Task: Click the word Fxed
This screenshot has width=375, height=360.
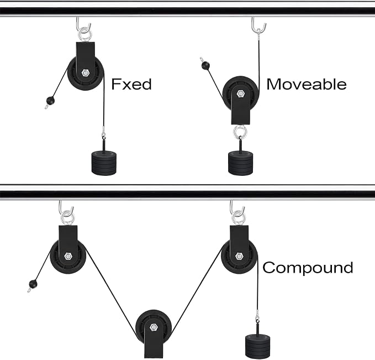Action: pos(131,84)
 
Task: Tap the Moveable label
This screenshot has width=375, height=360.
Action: pos(307,84)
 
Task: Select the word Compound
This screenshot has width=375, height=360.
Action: pos(308,268)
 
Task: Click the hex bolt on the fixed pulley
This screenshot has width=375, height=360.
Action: pos(84,72)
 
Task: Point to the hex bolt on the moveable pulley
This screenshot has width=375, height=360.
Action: pos(240,93)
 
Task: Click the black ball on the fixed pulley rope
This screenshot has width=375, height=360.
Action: pos(50,101)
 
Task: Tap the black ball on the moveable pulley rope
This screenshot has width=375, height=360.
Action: pos(205,65)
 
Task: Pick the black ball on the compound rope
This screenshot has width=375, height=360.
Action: pos(33,284)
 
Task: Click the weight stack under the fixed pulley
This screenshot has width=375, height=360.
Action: pos(104,163)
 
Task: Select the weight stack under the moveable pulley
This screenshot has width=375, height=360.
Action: pos(240,163)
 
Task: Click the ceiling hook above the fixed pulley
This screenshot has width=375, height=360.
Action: pos(83,24)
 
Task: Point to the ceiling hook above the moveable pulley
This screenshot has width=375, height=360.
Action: pos(258,24)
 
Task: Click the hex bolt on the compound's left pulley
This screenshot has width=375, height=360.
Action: pos(68,256)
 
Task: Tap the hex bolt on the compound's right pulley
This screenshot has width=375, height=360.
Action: pos(239,256)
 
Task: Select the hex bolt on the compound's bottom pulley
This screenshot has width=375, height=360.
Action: pos(154,327)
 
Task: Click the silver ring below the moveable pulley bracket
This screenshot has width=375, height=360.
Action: pos(240,132)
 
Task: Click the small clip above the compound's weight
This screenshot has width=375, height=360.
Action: pos(257,317)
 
